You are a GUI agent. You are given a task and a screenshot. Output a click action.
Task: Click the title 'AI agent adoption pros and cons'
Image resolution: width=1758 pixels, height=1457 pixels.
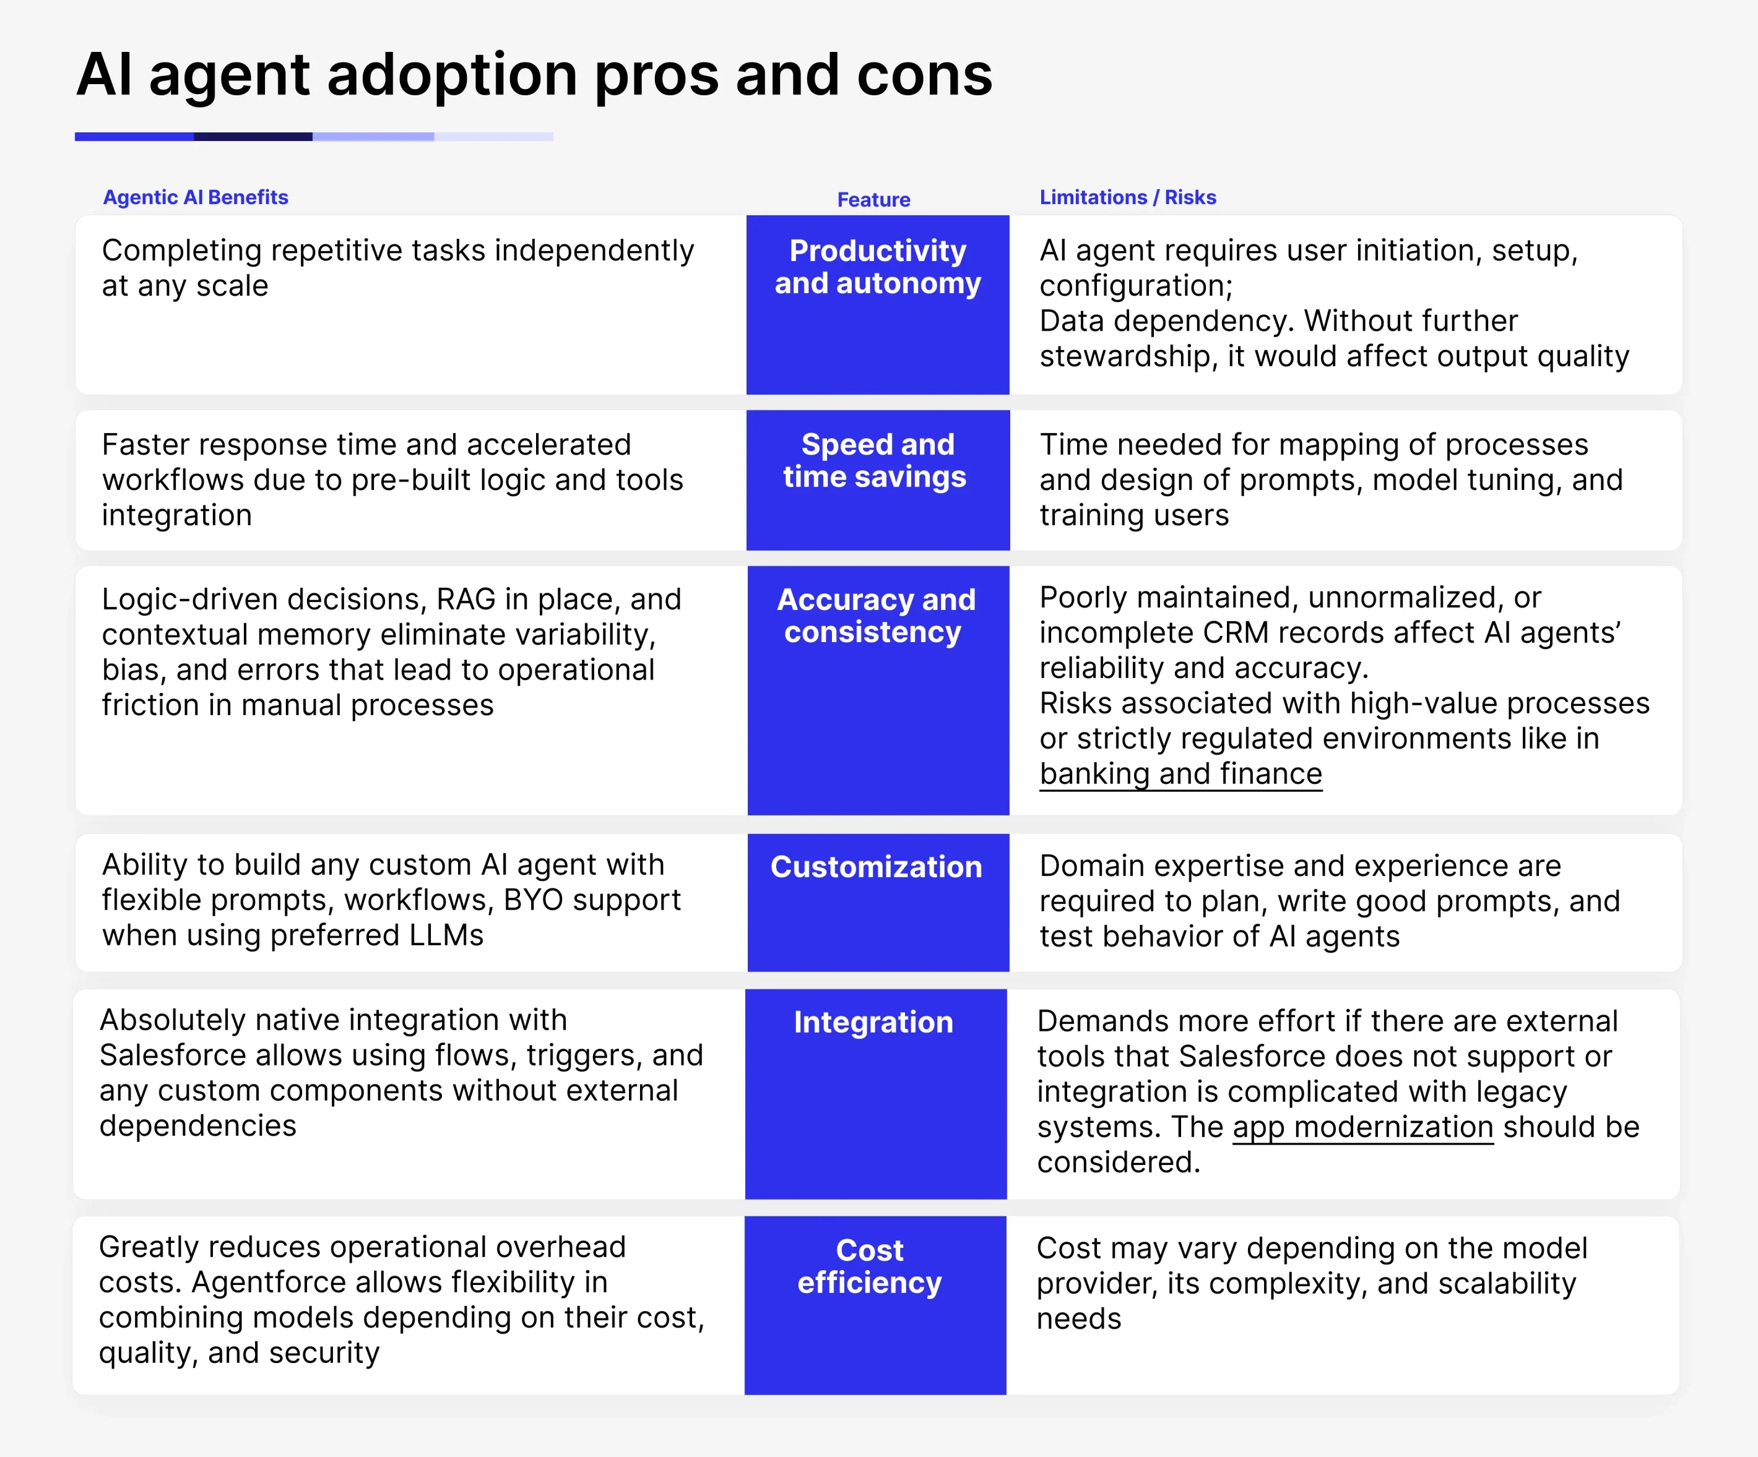tap(534, 75)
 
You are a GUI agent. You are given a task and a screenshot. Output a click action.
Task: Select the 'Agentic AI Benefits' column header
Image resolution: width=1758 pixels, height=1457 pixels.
tap(195, 197)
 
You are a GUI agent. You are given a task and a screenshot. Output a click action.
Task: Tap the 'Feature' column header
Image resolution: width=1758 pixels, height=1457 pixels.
tap(873, 200)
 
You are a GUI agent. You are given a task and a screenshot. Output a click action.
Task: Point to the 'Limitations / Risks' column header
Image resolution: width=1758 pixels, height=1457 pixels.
tap(1128, 197)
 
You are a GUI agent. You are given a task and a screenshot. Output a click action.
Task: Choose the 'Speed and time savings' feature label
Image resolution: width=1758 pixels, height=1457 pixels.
tap(876, 460)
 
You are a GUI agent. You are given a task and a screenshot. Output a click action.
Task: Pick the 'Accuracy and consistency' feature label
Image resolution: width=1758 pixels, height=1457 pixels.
tap(876, 615)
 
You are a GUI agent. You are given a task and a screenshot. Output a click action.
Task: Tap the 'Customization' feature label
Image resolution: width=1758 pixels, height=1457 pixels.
tap(876, 867)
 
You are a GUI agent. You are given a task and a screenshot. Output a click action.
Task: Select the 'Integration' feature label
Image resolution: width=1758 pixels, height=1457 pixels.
tap(873, 1023)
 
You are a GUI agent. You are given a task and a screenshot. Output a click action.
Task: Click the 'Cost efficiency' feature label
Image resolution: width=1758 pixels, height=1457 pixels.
tap(870, 1266)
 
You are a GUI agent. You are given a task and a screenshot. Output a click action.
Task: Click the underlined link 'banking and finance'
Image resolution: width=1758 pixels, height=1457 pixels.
tap(1180, 774)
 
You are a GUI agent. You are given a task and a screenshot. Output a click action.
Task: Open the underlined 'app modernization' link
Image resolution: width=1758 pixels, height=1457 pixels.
tap(1363, 1127)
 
